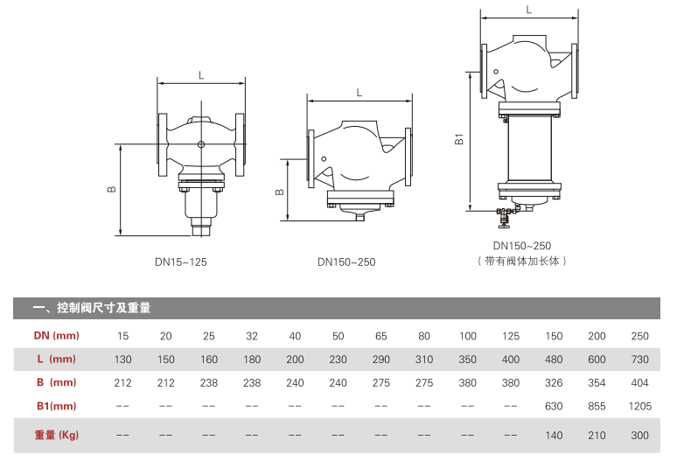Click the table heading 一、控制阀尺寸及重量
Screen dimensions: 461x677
pyautogui.click(x=91, y=308)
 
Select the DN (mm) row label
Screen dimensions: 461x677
pyautogui.click(x=56, y=336)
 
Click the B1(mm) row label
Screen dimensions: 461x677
pyautogui.click(x=56, y=405)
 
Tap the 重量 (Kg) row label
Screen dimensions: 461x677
pyautogui.click(x=56, y=435)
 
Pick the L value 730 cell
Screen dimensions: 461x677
pyautogui.click(x=639, y=359)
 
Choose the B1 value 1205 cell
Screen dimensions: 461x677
pyautogui.click(x=639, y=405)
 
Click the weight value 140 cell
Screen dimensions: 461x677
pyautogui.click(x=554, y=435)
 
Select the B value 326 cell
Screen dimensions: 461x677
pyautogui.click(x=554, y=381)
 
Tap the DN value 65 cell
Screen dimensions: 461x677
pyautogui.click(x=381, y=336)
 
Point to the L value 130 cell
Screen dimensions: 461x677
pyautogui.click(x=123, y=359)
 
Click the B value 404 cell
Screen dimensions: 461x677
pyautogui.click(x=639, y=381)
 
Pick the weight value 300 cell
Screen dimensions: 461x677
pyautogui.click(x=639, y=435)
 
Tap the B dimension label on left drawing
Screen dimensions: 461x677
pyautogui.click(x=111, y=190)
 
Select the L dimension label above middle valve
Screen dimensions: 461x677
pyautogui.click(x=359, y=92)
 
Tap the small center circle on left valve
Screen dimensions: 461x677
pyautogui.click(x=201, y=144)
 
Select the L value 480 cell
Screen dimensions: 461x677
pyautogui.click(x=554, y=359)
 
